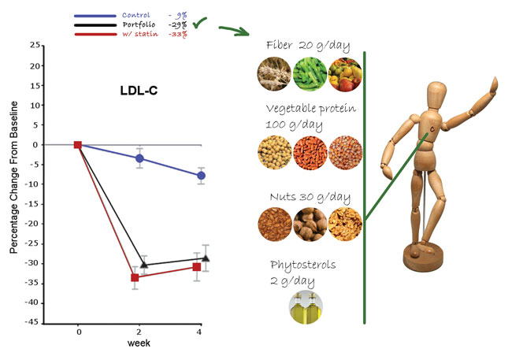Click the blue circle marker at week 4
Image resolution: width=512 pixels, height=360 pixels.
click(x=202, y=176)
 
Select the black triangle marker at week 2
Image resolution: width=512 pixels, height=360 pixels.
click(x=143, y=265)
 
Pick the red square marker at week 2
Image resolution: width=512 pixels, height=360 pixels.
click(x=135, y=277)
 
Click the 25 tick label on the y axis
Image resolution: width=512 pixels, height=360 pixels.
click(x=35, y=46)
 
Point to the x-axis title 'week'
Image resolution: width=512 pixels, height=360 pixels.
click(x=139, y=343)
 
